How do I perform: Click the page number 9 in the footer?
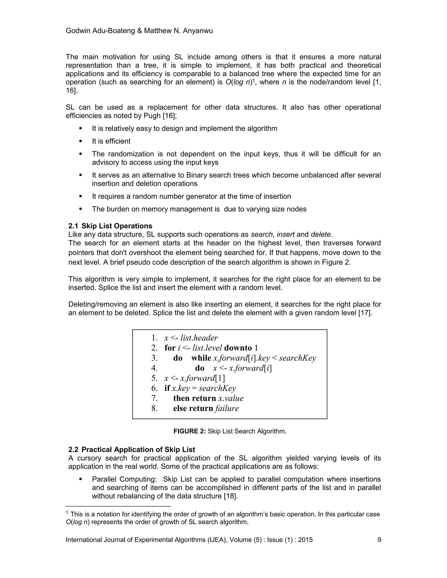[379, 540]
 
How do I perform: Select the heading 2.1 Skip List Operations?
[110, 226]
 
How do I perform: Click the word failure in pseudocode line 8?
[227, 408]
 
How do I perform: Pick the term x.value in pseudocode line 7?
[231, 398]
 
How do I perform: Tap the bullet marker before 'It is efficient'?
[81, 141]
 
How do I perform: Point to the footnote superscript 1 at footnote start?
[67, 513]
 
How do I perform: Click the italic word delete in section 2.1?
[320, 234]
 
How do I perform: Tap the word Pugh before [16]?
[152, 116]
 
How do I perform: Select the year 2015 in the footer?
[305, 540]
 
